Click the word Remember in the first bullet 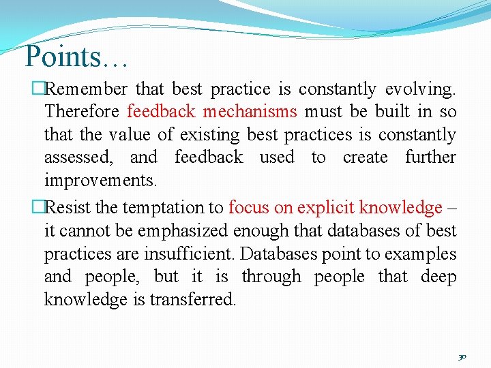[x=89, y=89]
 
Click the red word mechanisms [x=250, y=112]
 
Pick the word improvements [x=100, y=181]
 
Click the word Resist [x=72, y=207]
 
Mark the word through [x=271, y=277]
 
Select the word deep [x=438, y=277]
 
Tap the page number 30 [x=462, y=356]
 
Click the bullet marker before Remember [x=38, y=89]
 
